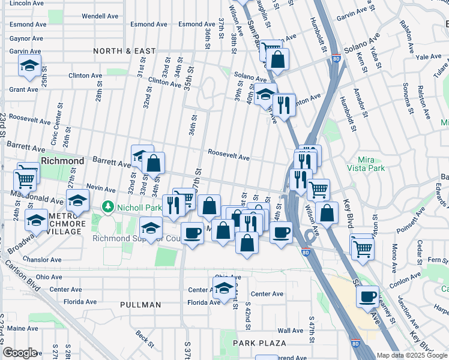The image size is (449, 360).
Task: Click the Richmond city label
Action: tap(62, 161)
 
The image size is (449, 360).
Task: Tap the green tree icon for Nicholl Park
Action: tap(108, 207)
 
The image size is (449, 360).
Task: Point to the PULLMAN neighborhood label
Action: tap(140, 305)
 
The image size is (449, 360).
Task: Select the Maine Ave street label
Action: tap(23, 328)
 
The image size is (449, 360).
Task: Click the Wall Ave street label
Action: tap(290, 331)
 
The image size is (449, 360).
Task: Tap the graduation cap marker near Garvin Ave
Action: tap(29, 67)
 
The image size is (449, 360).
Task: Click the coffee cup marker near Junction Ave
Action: tap(367, 296)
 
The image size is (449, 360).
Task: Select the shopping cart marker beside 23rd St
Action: tap(25, 178)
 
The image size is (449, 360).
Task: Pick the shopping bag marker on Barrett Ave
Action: tap(153, 163)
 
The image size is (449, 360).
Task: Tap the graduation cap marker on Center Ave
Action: tap(224, 289)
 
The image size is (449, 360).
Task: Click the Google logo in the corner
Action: tap(20, 353)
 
